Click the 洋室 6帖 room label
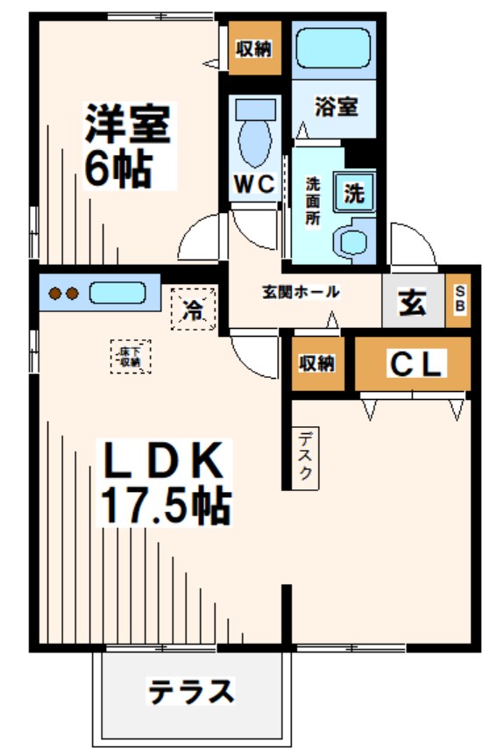pos(128,145)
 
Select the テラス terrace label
pos(191,692)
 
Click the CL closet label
pos(413,362)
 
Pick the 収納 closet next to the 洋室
pos(255,48)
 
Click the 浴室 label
pos(336,108)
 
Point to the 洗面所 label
pos(312,203)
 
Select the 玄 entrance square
pos(414,303)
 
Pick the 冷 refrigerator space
pos(193,309)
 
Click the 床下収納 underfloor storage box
pos(131,356)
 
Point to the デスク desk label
pos(305,456)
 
